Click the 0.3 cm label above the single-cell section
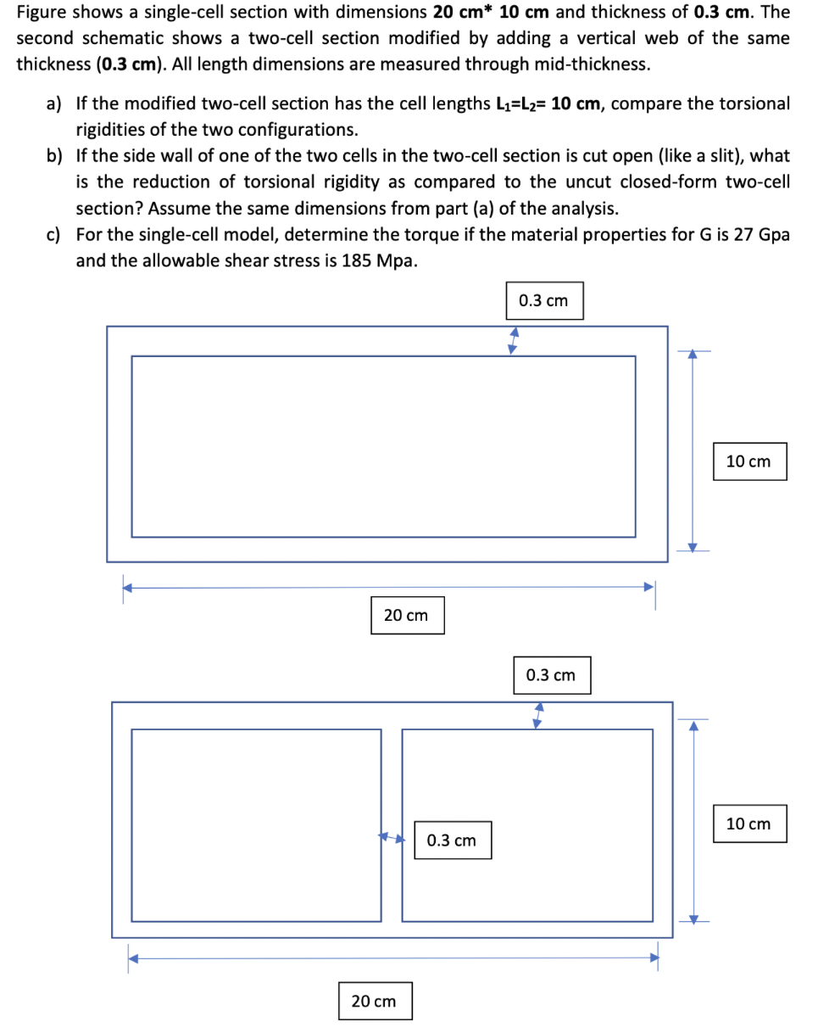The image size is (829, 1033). tap(543, 301)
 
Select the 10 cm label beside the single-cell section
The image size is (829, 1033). tap(749, 461)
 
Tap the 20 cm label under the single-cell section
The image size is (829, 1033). tap(406, 615)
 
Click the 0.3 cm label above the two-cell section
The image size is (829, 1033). tap(550, 675)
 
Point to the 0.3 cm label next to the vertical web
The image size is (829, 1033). tap(452, 840)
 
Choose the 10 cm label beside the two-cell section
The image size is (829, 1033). tap(749, 824)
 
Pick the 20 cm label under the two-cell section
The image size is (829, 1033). tap(374, 1002)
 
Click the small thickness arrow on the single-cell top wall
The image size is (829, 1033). tap(512, 341)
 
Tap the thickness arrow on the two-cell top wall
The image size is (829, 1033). tap(537, 715)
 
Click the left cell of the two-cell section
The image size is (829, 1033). tap(256, 824)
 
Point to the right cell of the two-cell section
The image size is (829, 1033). tap(526, 824)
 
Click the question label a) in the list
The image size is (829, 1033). tap(54, 104)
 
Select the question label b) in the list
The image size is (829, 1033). tap(54, 157)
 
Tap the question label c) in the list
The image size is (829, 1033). tap(54, 235)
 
